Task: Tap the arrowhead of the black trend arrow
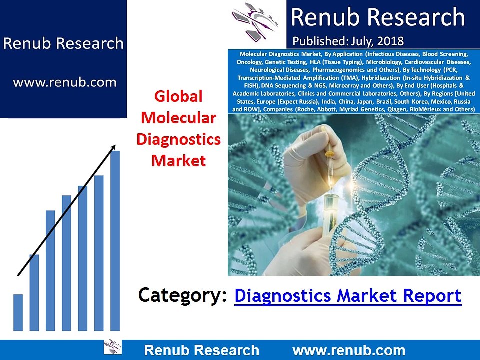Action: (114, 147)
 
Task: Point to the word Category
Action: (179, 295)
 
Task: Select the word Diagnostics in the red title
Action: (178, 139)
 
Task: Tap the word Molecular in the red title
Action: (178, 118)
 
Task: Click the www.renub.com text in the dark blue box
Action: (64, 82)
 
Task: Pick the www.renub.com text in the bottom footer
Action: (348, 350)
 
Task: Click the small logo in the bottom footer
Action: (112, 347)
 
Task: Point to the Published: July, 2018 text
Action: (348, 40)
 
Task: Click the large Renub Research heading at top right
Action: (378, 18)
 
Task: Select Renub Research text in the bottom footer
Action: (201, 350)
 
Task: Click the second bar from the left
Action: (34, 292)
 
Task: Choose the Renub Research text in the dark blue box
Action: (63, 43)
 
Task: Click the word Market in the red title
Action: (178, 161)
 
